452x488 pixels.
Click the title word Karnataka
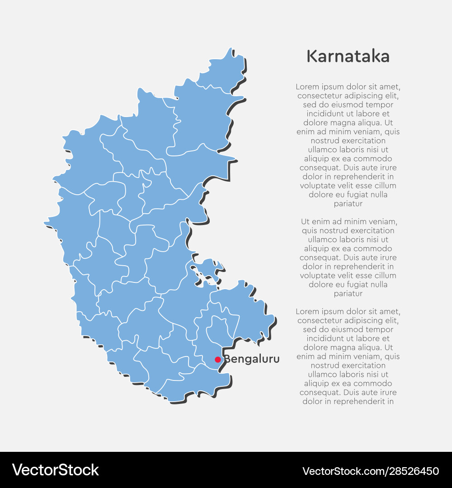(348, 56)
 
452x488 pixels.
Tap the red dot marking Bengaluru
(217, 360)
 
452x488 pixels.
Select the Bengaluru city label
(252, 360)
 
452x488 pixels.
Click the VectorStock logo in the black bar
(56, 470)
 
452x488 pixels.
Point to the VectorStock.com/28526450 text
(371, 471)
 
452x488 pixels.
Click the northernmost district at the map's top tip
(221, 72)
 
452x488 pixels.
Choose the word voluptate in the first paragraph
(318, 186)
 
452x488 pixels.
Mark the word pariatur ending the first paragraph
(348, 204)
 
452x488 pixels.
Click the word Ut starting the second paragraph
(306, 221)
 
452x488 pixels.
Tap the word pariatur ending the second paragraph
(348, 293)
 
